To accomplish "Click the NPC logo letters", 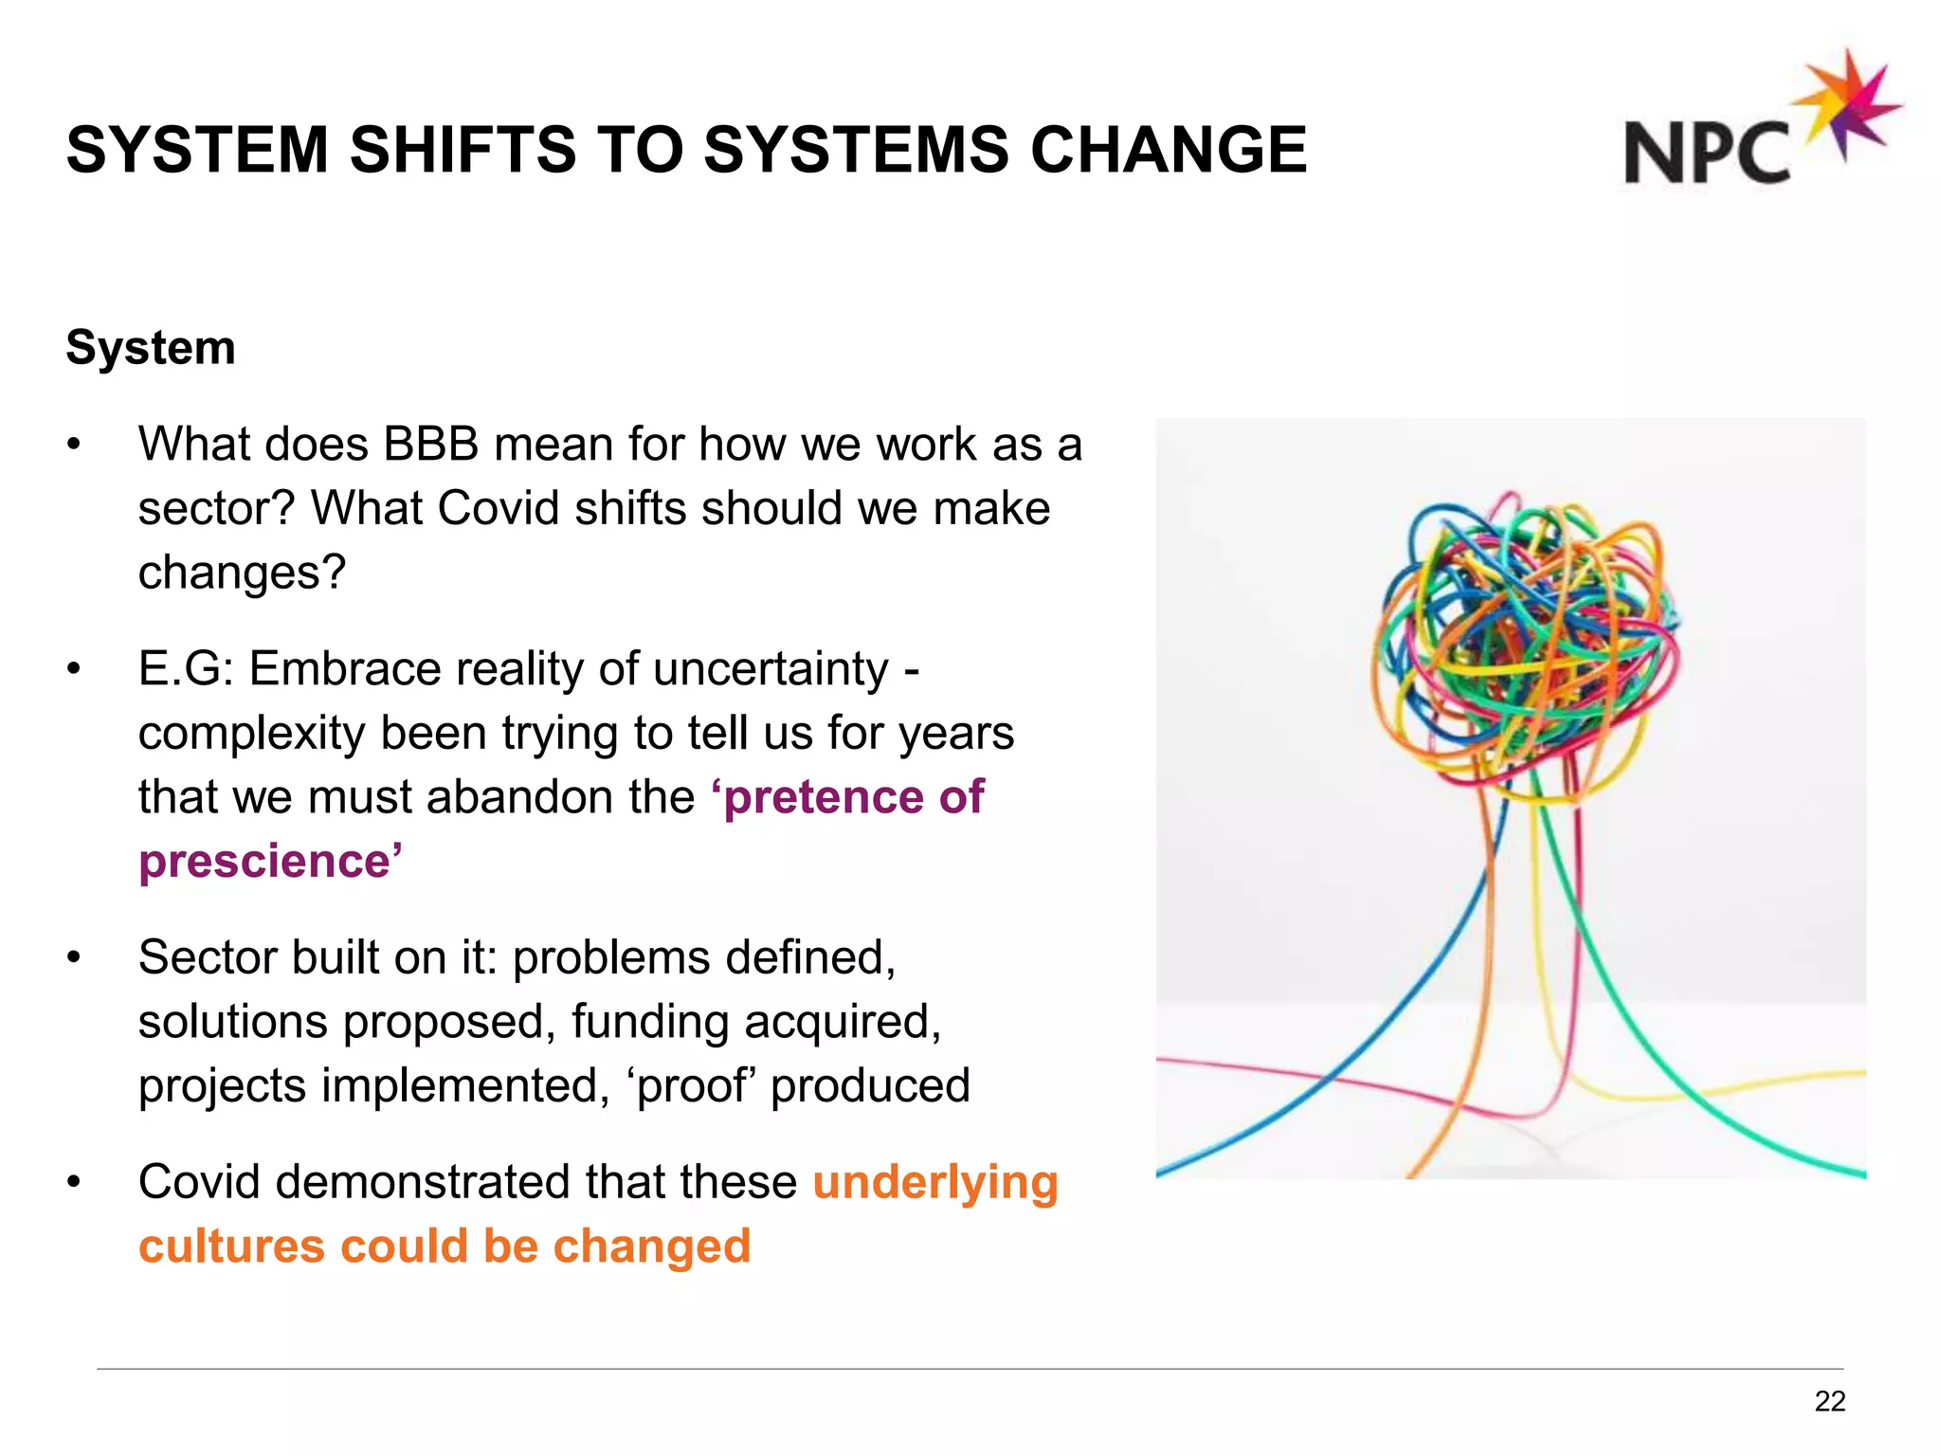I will point(1706,152).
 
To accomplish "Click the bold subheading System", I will point(151,347).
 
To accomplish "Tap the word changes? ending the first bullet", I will point(243,573).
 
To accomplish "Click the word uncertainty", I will point(771,668).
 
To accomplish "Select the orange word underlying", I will point(934,1182).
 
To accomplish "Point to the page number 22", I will point(1829,1401).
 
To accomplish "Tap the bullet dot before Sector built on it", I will point(74,958).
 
